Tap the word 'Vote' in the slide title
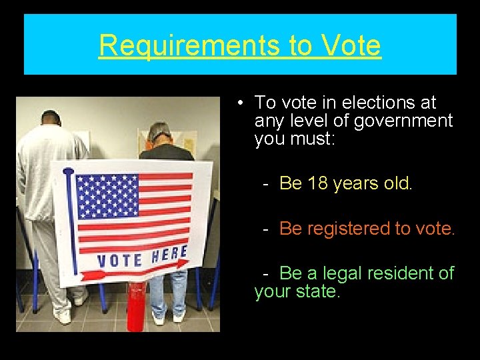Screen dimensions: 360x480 [x=351, y=45]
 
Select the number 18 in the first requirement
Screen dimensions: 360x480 [x=318, y=183]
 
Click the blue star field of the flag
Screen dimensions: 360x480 [x=107, y=197]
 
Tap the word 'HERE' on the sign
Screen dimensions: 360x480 [x=169, y=254]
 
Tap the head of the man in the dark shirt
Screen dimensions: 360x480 [x=159, y=132]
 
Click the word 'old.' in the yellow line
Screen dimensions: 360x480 [x=399, y=183]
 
